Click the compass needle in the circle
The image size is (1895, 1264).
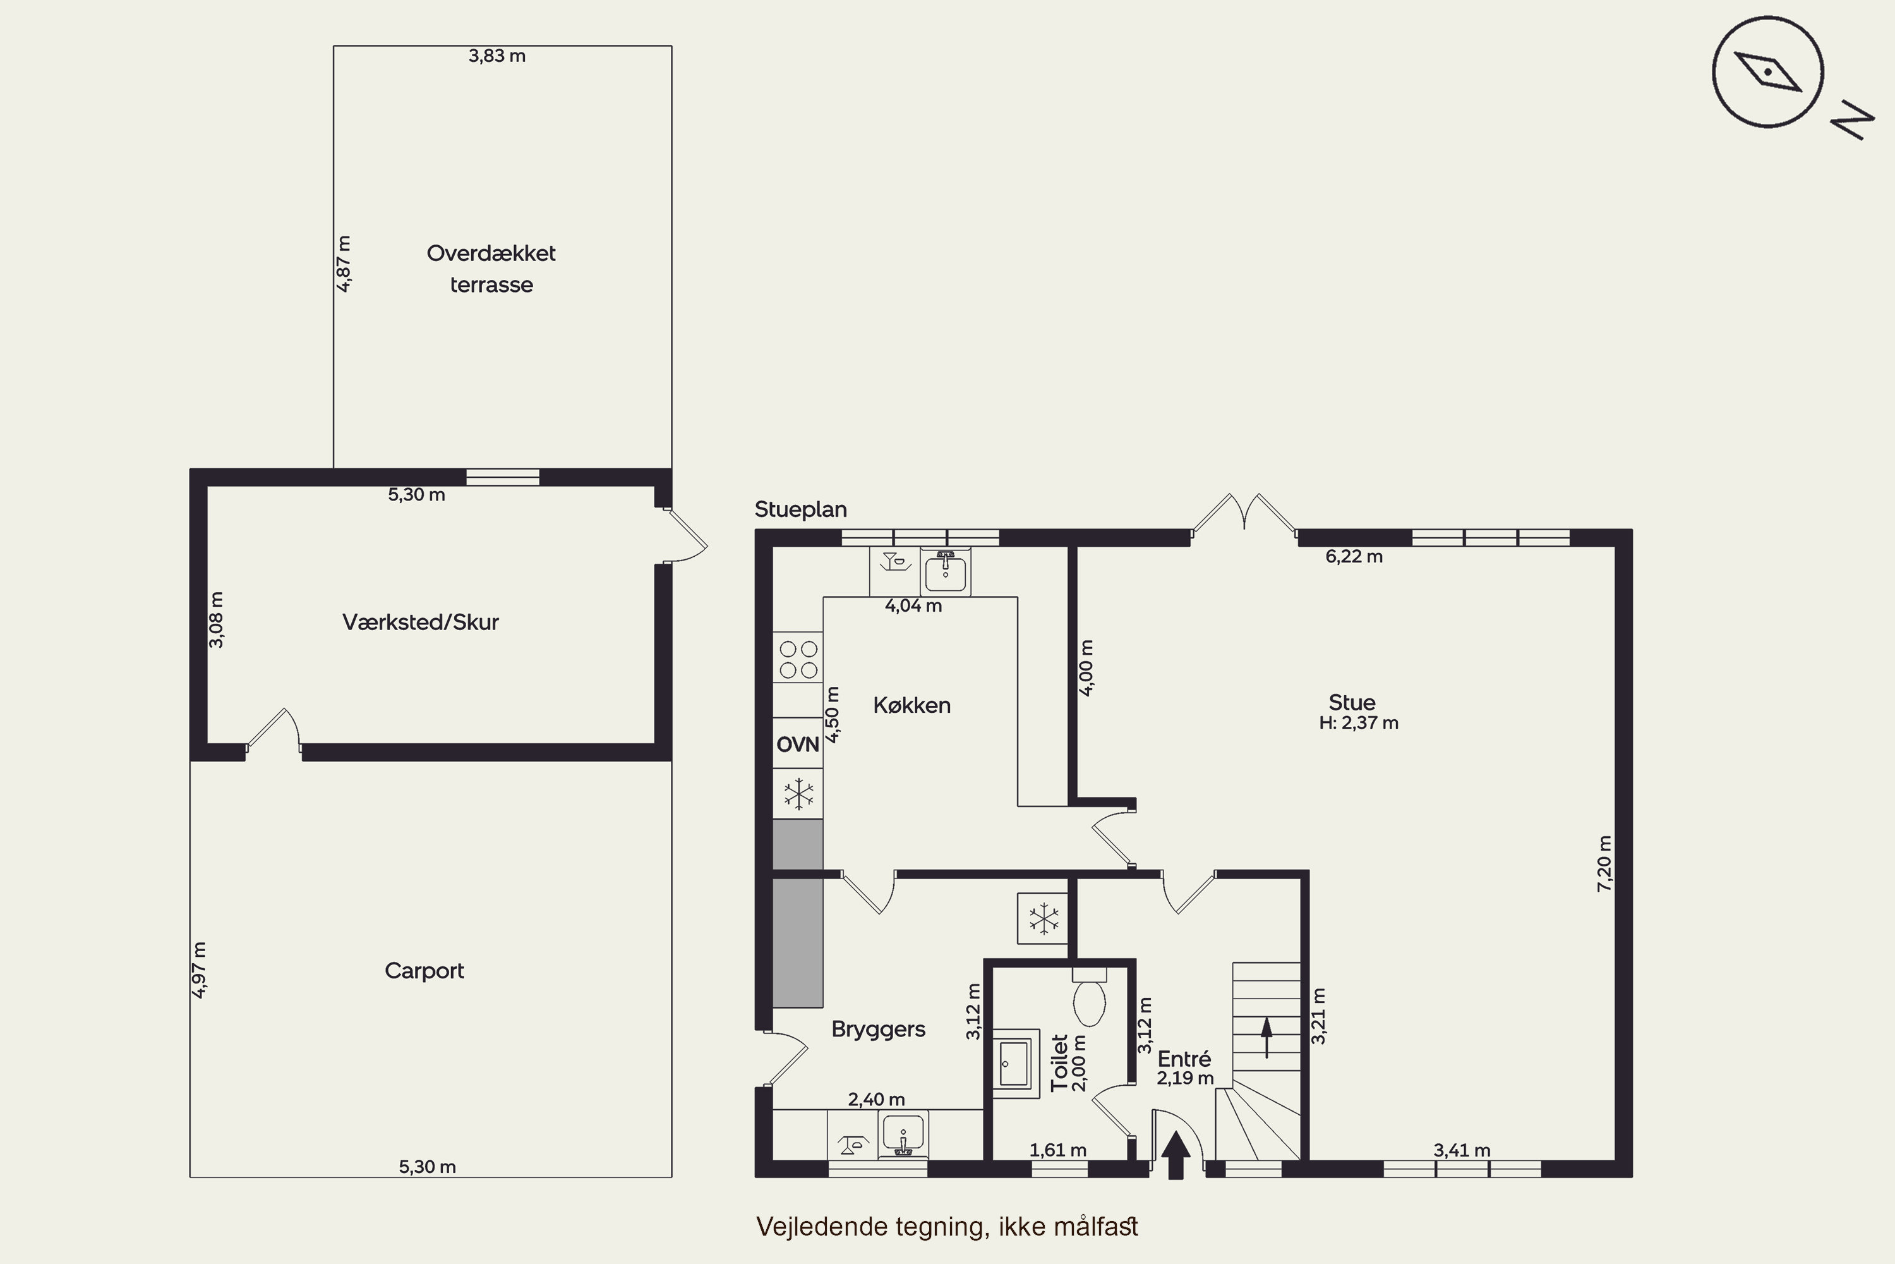coord(1767,72)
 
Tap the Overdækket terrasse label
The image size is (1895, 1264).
coord(491,269)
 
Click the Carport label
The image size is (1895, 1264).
coord(424,971)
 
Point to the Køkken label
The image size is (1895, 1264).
coord(912,705)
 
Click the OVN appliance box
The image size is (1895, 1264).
coord(798,743)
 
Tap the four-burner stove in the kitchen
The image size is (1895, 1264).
coord(798,659)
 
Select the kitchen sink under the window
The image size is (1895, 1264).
coord(945,571)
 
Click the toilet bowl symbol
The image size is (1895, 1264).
coord(1089,997)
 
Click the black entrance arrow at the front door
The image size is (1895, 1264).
coord(1176,1155)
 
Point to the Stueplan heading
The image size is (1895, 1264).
coord(801,509)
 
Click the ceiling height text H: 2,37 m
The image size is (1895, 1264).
coord(1359,723)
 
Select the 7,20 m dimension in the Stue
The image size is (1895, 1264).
coord(1604,863)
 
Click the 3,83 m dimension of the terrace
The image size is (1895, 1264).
coord(497,56)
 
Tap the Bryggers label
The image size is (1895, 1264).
coord(878,1030)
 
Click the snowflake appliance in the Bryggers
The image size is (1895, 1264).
coord(1043,918)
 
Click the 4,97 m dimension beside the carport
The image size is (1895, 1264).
coord(199,969)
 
